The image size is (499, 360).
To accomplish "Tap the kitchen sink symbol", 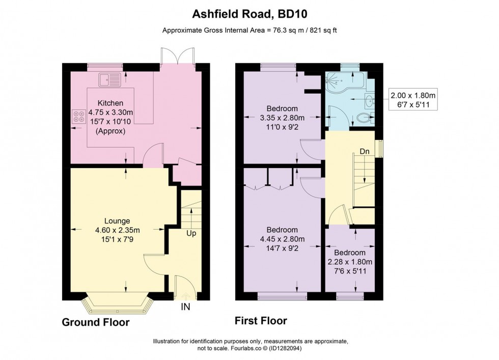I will tap(110, 79).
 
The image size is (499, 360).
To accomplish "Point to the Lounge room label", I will tap(118, 221).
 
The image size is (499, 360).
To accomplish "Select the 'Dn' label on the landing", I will tap(365, 152).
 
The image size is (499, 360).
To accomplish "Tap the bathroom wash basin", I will tap(370, 100).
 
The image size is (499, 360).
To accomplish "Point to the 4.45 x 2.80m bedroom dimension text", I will tap(282, 239).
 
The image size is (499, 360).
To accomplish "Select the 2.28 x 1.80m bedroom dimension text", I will tap(350, 262).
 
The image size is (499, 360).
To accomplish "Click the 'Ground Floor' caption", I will tap(96, 322).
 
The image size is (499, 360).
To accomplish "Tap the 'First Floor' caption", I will tap(261, 321).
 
